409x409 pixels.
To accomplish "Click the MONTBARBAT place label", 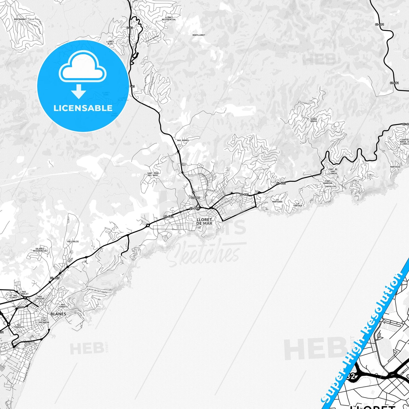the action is (20, 19).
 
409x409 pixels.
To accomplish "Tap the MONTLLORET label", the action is (199, 35).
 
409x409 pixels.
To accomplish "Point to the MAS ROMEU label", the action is (183, 140).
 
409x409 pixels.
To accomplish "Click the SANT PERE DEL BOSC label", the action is (153, 174).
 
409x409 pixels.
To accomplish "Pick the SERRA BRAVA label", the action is (314, 120).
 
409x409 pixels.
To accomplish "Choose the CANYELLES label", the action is (330, 187).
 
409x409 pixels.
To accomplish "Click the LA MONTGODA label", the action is (277, 201).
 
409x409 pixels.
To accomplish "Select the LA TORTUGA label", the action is (298, 205).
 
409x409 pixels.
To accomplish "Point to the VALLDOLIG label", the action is (73, 241).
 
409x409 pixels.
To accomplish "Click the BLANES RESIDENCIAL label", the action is (40, 250).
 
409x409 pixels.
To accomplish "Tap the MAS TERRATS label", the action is (63, 306).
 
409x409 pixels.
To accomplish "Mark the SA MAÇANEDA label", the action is (44, 321).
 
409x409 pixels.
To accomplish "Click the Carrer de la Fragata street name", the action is (97, 290).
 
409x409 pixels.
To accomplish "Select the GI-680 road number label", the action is (195, 198).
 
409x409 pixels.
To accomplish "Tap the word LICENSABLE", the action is (83, 108).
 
